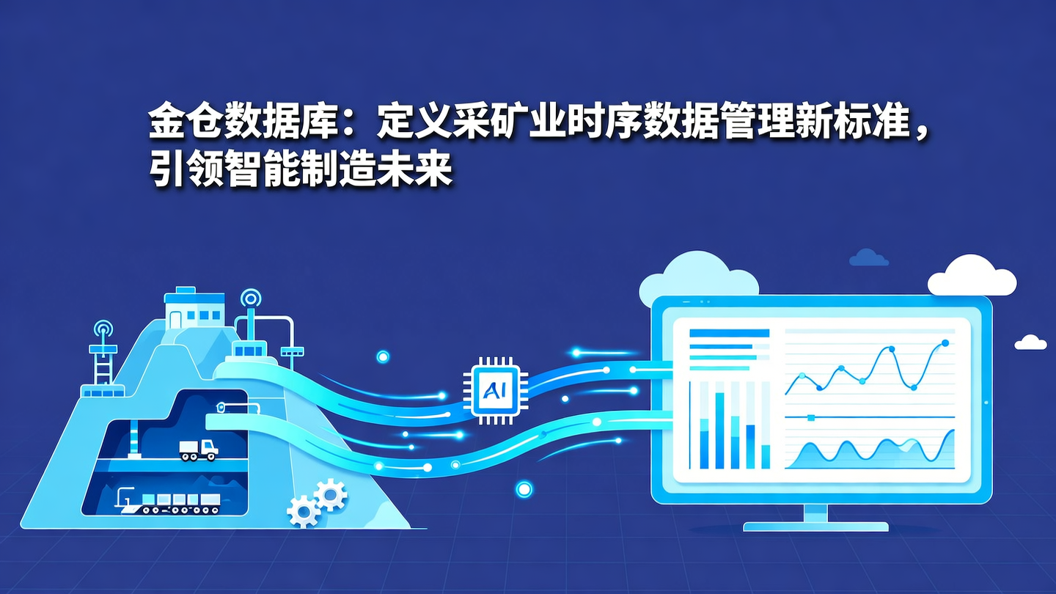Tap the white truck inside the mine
(x=199, y=449)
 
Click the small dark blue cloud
(x=868, y=257)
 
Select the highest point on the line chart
(x=945, y=343)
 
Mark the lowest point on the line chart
(x=914, y=387)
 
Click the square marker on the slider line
(x=810, y=417)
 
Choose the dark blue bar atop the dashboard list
(x=729, y=333)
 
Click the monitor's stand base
(x=815, y=526)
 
